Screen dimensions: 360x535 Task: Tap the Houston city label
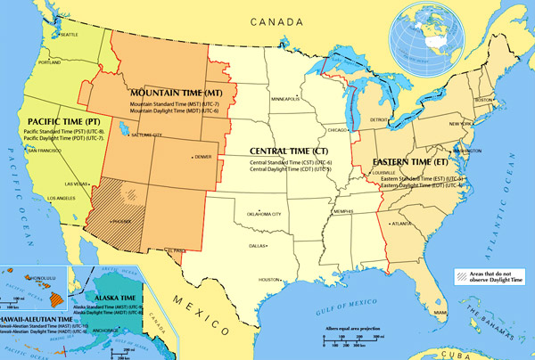tap(270, 278)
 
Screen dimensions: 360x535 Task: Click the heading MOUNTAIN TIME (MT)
tap(177, 93)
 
